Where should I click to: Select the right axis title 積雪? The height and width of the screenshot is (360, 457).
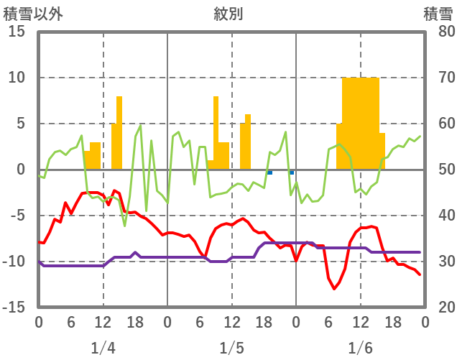click(x=438, y=14)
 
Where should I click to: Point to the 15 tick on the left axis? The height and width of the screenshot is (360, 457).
click(x=17, y=32)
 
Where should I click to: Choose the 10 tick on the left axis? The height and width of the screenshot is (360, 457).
click(x=17, y=78)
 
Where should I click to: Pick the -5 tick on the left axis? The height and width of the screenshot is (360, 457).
click(x=17, y=216)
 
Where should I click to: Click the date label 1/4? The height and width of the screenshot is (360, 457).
click(x=103, y=348)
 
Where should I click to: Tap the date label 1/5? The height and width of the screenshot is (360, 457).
click(x=231, y=348)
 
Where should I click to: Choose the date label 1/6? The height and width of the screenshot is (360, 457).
click(x=360, y=348)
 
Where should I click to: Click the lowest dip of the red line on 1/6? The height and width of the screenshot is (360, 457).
click(x=334, y=289)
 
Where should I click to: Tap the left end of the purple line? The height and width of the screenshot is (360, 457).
click(x=39, y=262)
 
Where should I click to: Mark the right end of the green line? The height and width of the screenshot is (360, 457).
click(x=420, y=136)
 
